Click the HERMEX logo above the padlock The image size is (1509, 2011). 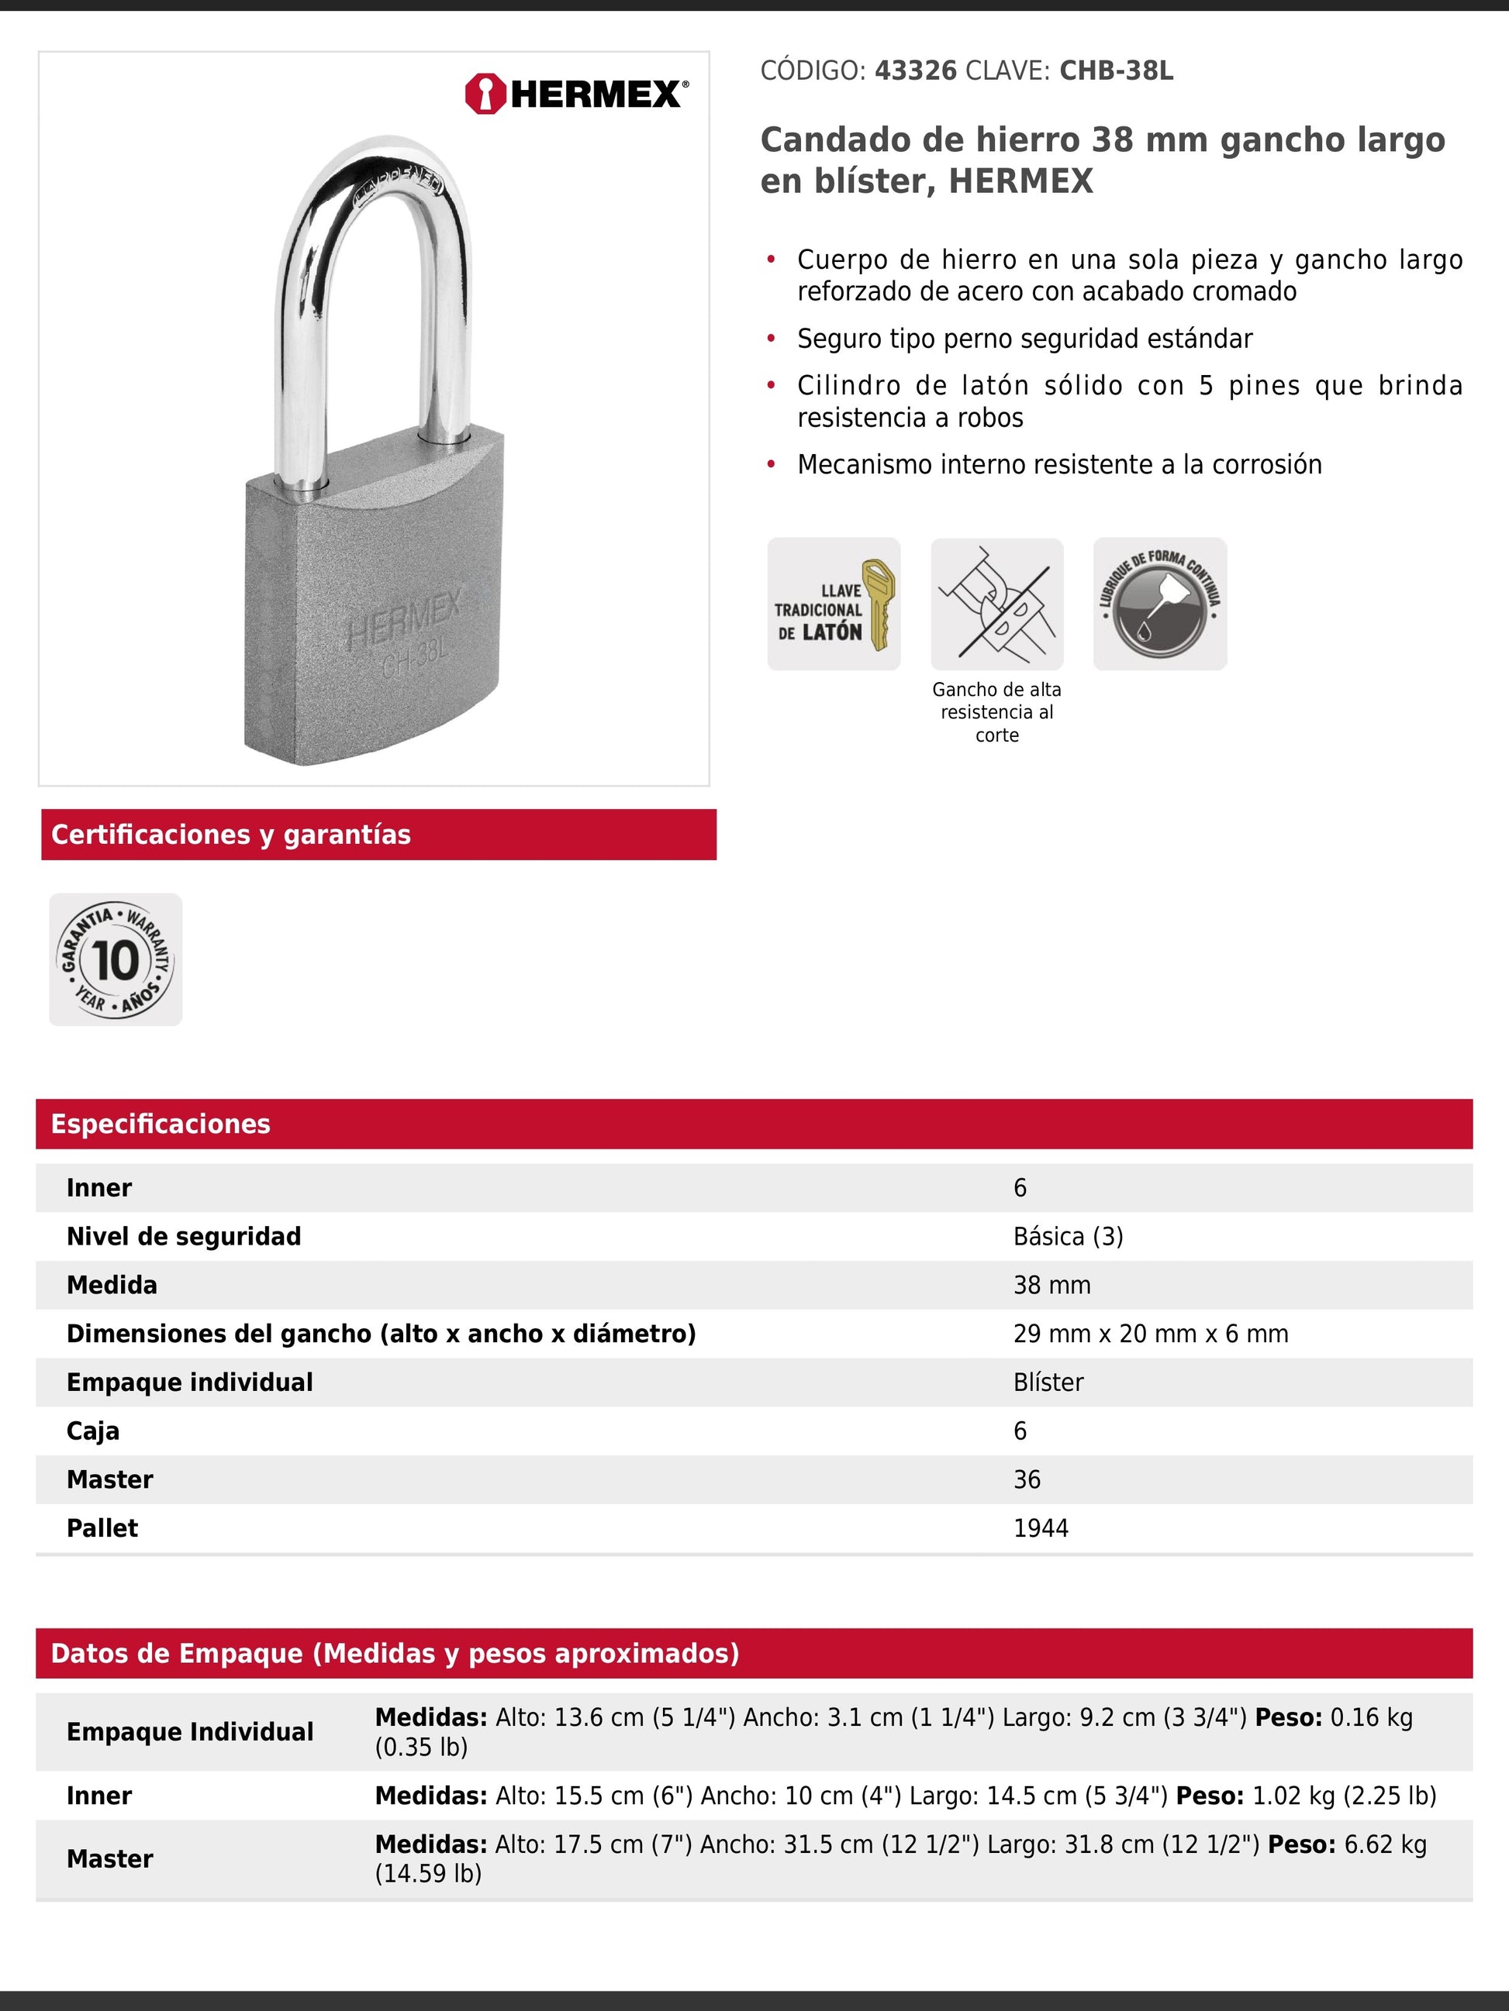(x=577, y=94)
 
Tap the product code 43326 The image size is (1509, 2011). (x=915, y=71)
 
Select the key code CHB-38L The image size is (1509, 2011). (x=1116, y=71)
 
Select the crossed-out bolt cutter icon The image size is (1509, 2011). (x=997, y=604)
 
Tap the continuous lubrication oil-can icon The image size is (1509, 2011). (x=1160, y=604)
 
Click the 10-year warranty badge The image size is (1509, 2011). (x=116, y=960)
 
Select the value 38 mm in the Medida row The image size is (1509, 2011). (x=1051, y=1285)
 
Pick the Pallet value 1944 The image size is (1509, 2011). (x=1041, y=1528)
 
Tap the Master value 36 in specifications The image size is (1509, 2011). (x=1027, y=1479)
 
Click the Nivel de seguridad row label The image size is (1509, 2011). (x=184, y=1236)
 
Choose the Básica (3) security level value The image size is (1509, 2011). (x=1068, y=1236)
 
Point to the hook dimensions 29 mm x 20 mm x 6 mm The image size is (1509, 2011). (x=1151, y=1334)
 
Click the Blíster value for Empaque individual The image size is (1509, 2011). (x=1048, y=1382)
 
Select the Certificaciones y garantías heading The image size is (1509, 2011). (x=231, y=835)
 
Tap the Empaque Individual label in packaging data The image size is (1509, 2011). (x=190, y=1732)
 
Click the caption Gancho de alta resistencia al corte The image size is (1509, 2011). (x=997, y=712)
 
